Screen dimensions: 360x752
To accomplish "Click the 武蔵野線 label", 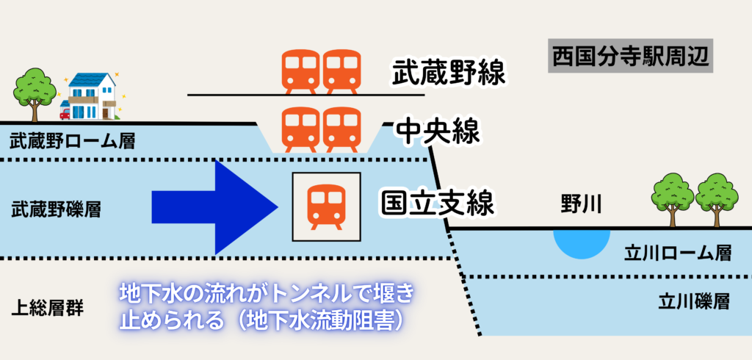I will pyautogui.click(x=450, y=74).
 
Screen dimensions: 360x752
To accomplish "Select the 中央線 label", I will pyautogui.click(x=438, y=132).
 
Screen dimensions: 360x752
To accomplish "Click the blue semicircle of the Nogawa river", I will pyautogui.click(x=581, y=242).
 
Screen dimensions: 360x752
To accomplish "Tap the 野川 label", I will pyautogui.click(x=581, y=204).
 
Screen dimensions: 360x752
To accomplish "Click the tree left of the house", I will pyautogui.click(x=35, y=91).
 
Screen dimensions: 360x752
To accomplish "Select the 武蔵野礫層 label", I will pyautogui.click(x=56, y=210).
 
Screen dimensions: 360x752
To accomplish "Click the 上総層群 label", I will pyautogui.click(x=48, y=306).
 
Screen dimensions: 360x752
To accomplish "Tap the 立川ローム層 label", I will pyautogui.click(x=677, y=253).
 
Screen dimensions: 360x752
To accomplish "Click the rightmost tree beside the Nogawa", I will pyautogui.click(x=716, y=197).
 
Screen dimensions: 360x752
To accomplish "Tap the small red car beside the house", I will pyautogui.click(x=65, y=113).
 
